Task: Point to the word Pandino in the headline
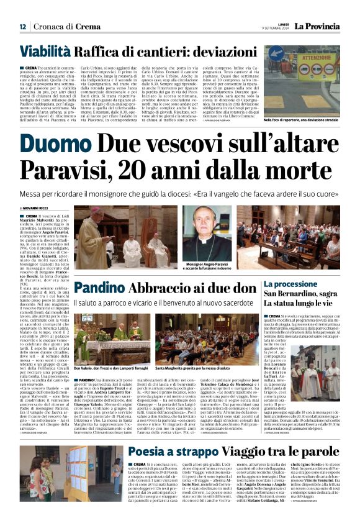[x=99, y=289]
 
